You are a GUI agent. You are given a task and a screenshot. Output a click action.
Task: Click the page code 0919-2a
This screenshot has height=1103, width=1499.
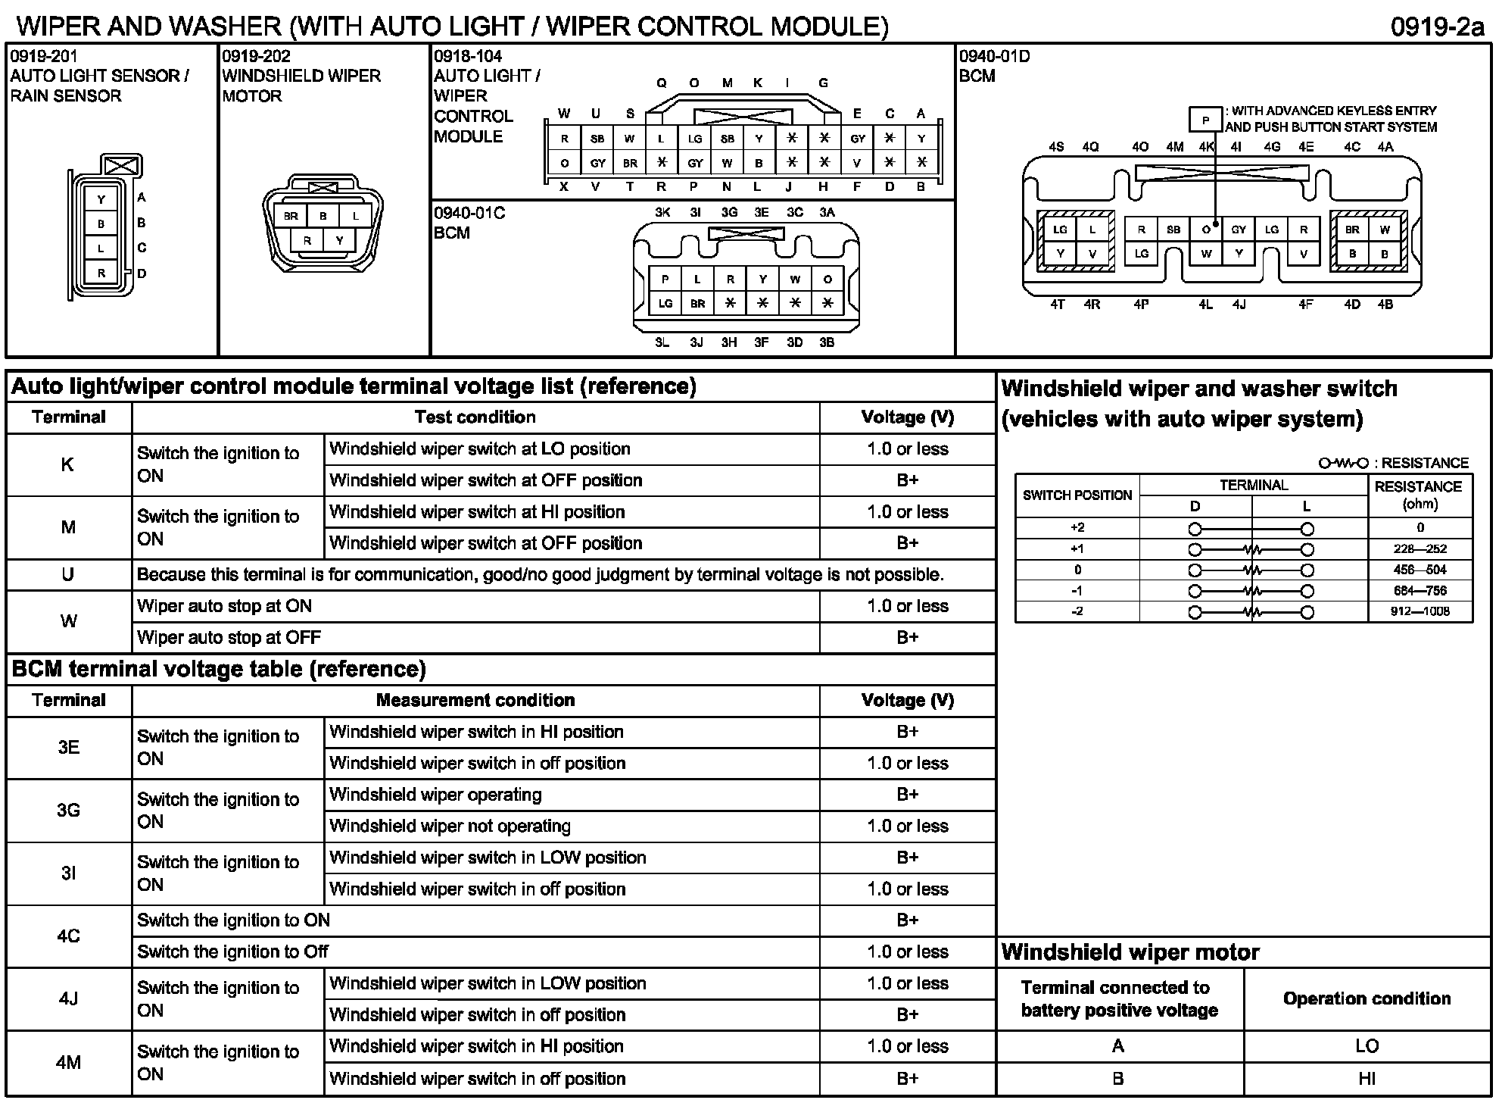pos(1436,27)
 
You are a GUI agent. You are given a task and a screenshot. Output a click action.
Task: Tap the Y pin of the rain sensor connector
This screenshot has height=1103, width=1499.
pos(101,200)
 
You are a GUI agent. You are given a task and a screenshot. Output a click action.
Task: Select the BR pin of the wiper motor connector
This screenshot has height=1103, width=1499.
pos(291,216)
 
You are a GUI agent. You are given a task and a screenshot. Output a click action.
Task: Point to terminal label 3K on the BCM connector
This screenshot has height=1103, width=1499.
pos(662,213)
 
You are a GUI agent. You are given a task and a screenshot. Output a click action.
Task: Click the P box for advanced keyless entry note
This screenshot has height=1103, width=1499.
pos(1205,120)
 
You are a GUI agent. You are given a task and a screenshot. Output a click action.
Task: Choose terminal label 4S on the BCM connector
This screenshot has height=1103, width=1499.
pos(1056,147)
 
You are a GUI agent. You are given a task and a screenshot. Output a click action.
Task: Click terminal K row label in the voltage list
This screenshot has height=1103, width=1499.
pos(68,464)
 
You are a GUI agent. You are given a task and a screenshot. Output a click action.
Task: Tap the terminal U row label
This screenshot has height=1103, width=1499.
pos(68,575)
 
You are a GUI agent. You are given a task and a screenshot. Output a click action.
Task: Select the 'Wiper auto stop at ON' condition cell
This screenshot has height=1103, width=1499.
pos(475,606)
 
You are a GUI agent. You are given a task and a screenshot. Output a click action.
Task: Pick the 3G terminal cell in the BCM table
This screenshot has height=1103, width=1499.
pos(68,811)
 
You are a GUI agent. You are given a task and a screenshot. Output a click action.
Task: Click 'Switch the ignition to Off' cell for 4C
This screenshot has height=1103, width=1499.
pos(475,951)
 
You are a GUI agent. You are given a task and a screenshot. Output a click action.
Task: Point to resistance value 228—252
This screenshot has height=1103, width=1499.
pos(1420,549)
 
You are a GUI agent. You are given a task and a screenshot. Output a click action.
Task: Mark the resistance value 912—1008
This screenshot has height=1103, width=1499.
pos(1420,611)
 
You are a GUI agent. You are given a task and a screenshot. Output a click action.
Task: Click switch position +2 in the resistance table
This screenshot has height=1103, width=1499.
pos(1077,528)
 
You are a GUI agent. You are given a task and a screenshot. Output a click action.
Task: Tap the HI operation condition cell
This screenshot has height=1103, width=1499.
pos(1367,1078)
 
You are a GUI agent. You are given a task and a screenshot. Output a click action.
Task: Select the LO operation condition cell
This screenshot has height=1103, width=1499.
pos(1367,1046)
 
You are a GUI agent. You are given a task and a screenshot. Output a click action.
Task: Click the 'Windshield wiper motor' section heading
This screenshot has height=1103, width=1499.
pos(1130,952)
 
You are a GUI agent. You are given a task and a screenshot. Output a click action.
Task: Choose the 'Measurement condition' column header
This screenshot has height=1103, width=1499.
pos(475,700)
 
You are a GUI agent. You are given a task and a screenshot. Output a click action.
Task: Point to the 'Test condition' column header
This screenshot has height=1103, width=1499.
pos(475,417)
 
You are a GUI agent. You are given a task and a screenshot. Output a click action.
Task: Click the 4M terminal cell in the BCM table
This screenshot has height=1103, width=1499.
pos(68,1062)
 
